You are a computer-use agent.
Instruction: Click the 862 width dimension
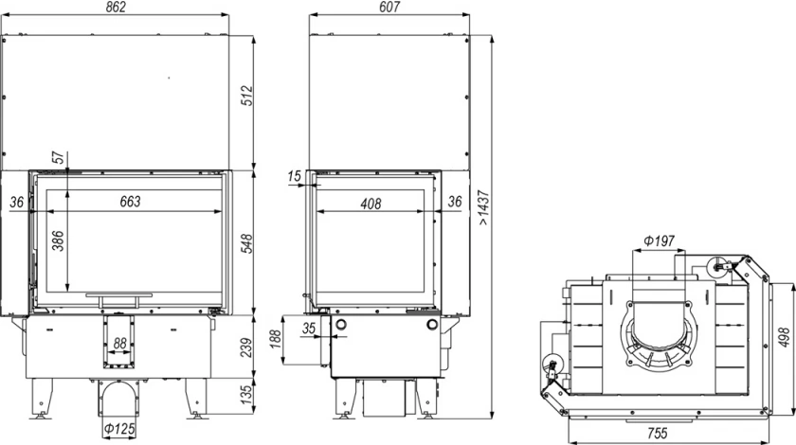click(x=117, y=8)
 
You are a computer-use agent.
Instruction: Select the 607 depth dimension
click(x=389, y=8)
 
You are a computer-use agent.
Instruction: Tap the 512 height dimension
click(x=246, y=96)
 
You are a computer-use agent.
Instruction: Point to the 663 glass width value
click(x=130, y=202)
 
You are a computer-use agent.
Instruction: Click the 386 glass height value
click(x=58, y=241)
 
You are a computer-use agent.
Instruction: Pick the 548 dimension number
click(x=246, y=244)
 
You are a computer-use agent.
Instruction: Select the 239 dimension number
click(x=246, y=347)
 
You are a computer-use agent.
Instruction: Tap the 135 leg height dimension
click(x=246, y=395)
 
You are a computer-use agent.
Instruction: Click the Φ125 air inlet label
click(x=119, y=429)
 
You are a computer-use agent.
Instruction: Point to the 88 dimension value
click(x=119, y=344)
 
